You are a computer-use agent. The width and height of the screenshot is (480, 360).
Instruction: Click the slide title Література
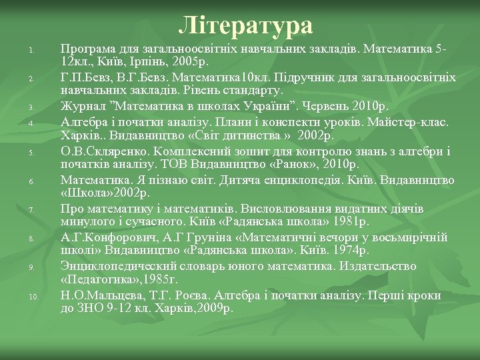click(245, 25)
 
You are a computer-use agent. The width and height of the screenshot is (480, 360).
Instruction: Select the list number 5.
click(31, 153)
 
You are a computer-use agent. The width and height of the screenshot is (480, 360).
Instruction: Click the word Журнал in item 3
click(81, 106)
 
